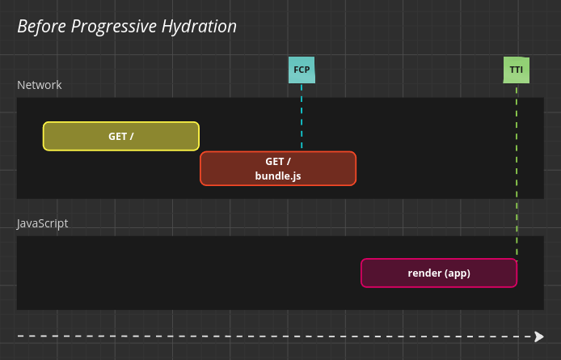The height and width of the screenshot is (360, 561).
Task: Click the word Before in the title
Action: point(42,26)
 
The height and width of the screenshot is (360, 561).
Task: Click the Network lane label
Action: point(40,85)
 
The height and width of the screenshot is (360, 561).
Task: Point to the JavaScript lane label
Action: point(43,223)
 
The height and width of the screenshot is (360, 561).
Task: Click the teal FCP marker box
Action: point(302,70)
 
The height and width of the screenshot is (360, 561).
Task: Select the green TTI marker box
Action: point(516,70)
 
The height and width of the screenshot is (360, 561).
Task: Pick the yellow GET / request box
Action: point(121,136)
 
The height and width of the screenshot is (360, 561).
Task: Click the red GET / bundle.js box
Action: point(278,168)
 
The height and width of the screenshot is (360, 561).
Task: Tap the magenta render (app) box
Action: point(439,273)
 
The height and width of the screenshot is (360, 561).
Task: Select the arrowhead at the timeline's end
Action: point(539,336)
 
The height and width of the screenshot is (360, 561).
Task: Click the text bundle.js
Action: point(278,176)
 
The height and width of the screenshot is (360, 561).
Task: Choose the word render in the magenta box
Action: point(424,273)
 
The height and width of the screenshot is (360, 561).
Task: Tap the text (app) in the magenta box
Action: point(458,273)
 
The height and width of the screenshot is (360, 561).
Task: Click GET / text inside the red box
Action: point(278,161)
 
